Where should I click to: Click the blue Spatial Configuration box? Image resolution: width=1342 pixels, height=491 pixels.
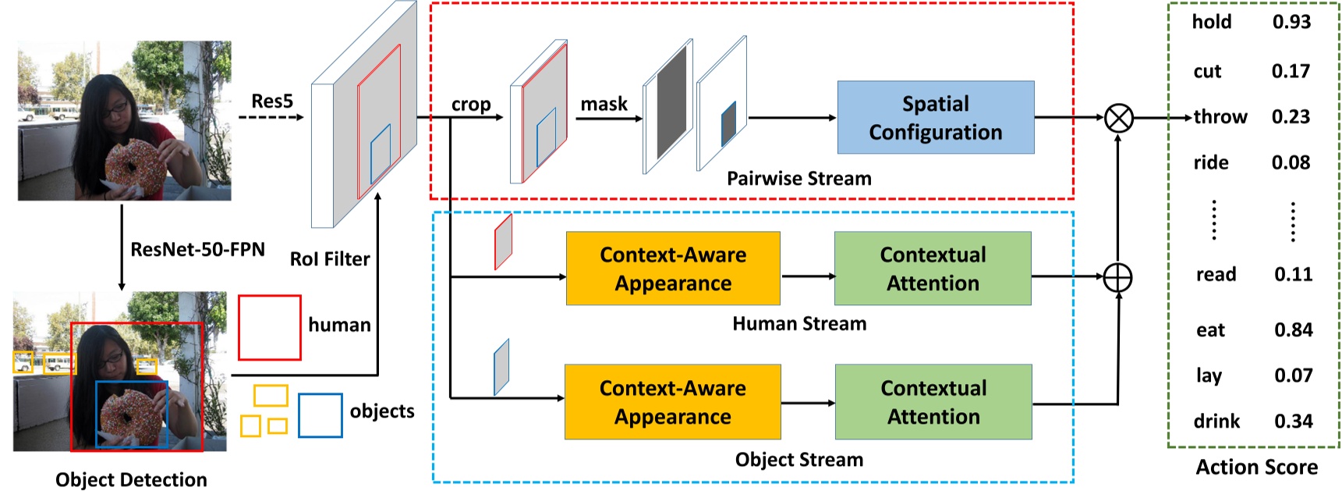(x=936, y=118)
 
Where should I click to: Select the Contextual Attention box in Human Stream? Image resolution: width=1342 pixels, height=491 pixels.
(x=933, y=269)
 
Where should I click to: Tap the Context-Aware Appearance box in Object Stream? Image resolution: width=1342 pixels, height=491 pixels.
(x=672, y=402)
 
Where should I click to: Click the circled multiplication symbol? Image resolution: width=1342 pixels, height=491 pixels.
(x=1119, y=119)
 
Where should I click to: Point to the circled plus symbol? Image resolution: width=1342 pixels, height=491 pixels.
(x=1117, y=277)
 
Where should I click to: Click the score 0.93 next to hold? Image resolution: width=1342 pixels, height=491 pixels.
(x=1291, y=22)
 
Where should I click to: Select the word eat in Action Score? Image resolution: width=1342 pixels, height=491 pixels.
(x=1210, y=330)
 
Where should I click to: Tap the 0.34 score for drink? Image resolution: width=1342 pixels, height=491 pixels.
(x=1293, y=422)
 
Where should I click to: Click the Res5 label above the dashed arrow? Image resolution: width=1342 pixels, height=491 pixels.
(x=272, y=101)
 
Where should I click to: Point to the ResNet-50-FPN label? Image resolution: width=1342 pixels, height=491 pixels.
(x=197, y=250)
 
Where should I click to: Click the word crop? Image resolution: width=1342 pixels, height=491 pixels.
(x=471, y=105)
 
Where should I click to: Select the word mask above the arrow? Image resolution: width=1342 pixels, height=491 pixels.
(x=604, y=104)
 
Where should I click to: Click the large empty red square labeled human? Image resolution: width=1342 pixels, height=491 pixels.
(x=269, y=327)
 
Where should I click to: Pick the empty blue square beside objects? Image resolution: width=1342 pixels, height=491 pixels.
(x=320, y=415)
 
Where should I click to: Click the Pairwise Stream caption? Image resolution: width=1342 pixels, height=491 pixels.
(x=798, y=179)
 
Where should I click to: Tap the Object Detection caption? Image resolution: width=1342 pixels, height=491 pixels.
(x=131, y=479)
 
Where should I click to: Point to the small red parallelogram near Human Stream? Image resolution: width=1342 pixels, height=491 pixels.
(x=503, y=241)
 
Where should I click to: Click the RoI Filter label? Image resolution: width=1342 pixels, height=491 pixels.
(x=330, y=259)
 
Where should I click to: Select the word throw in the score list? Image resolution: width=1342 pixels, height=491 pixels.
(x=1220, y=117)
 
